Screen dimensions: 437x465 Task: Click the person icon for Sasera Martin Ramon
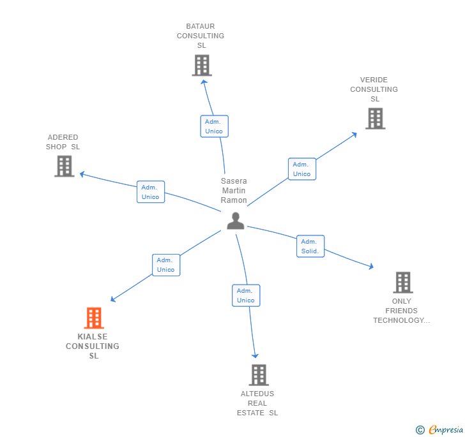click(236, 221)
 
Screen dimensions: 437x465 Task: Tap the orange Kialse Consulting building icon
click(94, 318)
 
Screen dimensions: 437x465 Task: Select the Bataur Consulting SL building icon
click(202, 65)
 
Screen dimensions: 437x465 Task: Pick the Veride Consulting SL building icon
click(375, 118)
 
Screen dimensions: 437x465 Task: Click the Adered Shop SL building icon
click(64, 166)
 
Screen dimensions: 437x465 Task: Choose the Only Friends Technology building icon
click(402, 282)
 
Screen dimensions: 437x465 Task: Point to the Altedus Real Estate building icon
click(258, 374)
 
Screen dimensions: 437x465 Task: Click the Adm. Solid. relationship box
click(310, 246)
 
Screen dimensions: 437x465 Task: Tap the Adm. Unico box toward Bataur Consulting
click(214, 126)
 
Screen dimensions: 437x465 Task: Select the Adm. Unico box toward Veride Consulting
click(301, 169)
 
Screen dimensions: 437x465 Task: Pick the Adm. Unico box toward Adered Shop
click(151, 192)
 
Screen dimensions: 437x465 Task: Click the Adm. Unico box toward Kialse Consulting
click(166, 265)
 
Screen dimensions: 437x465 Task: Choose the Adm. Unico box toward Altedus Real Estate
click(246, 295)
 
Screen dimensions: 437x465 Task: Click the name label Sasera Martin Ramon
click(234, 191)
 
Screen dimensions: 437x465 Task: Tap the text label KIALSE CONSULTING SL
click(93, 346)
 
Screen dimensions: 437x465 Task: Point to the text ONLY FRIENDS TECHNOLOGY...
click(402, 311)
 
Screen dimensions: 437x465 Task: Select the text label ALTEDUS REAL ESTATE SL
click(257, 403)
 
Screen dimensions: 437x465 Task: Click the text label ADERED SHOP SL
click(63, 142)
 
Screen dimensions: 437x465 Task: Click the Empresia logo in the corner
click(439, 430)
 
